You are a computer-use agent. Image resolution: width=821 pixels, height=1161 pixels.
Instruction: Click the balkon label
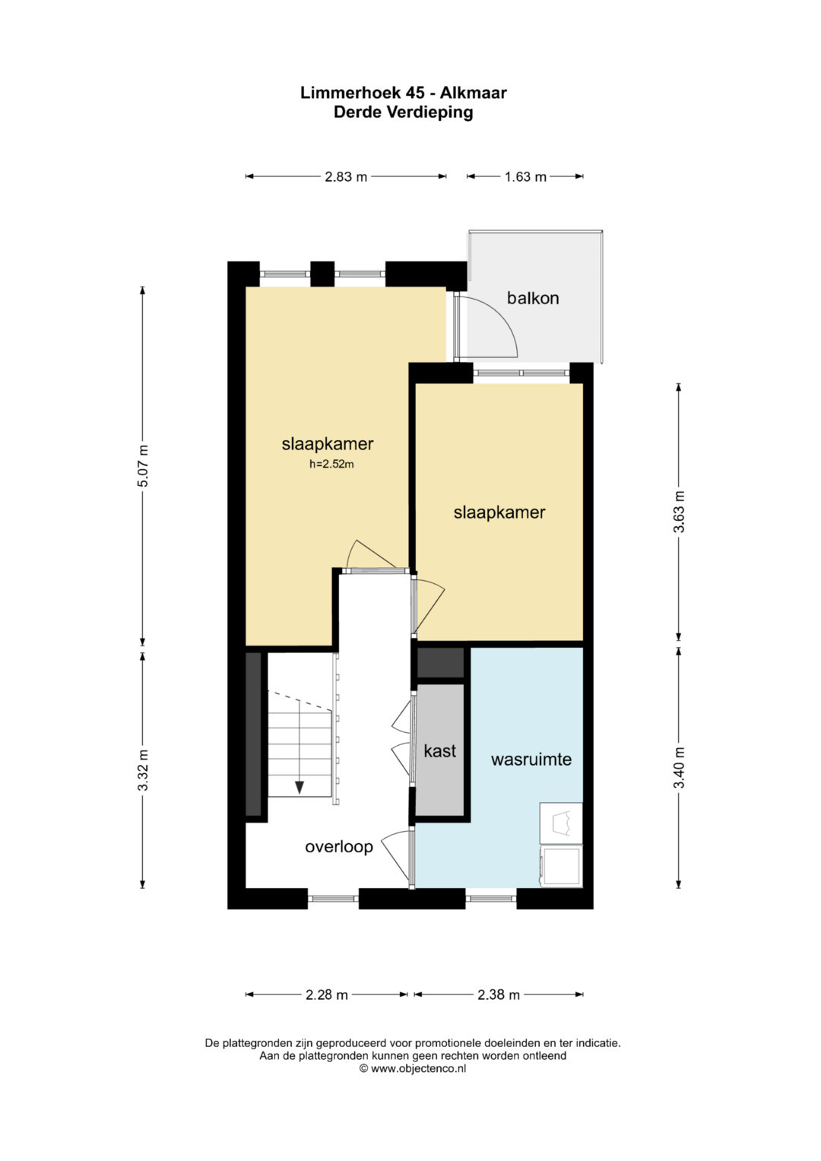(x=533, y=298)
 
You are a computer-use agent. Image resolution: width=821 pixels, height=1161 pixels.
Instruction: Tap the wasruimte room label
(x=531, y=760)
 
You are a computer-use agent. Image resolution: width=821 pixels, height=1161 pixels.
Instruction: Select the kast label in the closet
(x=439, y=750)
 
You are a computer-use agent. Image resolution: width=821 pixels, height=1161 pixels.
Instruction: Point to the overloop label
(x=339, y=847)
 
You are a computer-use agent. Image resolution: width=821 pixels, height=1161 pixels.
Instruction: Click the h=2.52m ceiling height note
(x=331, y=465)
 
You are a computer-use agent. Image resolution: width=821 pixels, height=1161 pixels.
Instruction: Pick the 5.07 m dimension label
(x=143, y=465)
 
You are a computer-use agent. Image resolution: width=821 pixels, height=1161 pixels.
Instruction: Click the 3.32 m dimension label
(x=143, y=770)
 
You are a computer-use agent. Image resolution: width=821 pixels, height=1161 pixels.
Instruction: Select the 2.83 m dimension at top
(x=346, y=176)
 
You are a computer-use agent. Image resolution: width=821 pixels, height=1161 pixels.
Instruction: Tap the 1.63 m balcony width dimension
(x=525, y=176)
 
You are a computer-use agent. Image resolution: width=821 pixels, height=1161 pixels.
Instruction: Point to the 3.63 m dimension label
(x=679, y=512)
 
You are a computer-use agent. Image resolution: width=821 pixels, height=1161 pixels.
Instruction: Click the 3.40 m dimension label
(x=679, y=767)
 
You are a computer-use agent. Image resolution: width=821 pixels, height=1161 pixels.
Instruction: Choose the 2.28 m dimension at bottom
(x=327, y=994)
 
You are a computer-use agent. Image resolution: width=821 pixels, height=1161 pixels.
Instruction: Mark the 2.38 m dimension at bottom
(x=498, y=994)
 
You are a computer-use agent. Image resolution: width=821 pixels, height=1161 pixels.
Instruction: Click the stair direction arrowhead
(x=300, y=787)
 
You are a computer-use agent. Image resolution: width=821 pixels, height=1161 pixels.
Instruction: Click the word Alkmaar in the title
(x=473, y=93)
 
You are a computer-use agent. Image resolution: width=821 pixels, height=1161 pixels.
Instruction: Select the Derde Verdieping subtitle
(x=403, y=112)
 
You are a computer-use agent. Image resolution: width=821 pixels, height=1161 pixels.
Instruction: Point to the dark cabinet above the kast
(x=441, y=662)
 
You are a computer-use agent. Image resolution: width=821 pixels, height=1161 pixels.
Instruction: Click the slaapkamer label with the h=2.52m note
(x=328, y=444)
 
